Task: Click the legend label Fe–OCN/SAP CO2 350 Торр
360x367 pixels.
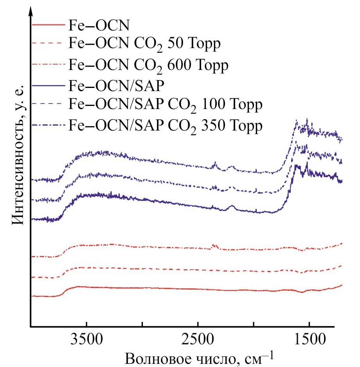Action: click(x=166, y=126)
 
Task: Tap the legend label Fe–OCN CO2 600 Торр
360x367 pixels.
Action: click(x=148, y=64)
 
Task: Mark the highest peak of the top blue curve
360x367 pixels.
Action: click(x=307, y=120)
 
